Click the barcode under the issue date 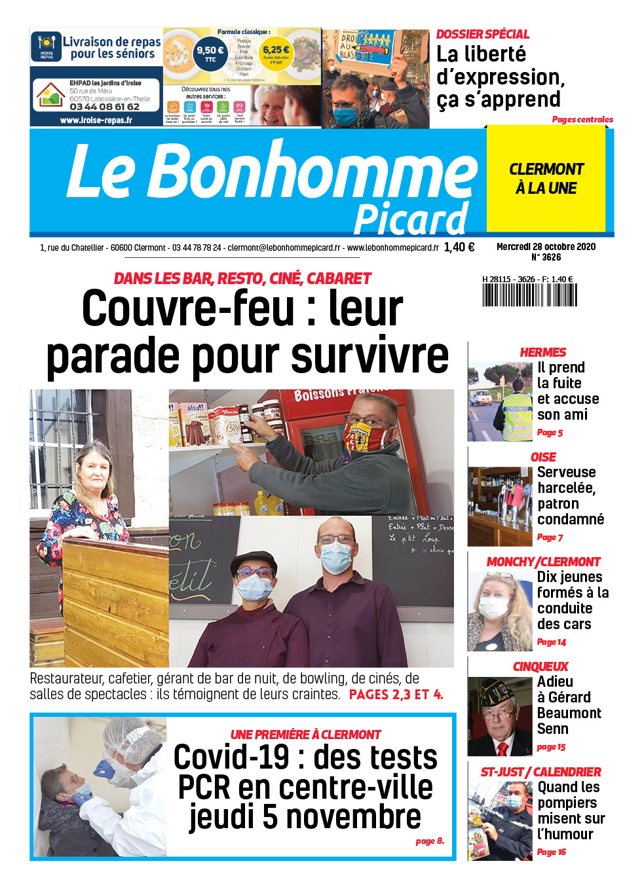(x=529, y=295)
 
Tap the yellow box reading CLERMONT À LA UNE (x=546, y=179)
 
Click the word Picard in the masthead (x=411, y=219)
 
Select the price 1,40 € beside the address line (x=459, y=247)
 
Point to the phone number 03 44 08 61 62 (x=104, y=107)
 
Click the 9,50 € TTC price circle (x=210, y=53)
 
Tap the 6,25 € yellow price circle (x=276, y=53)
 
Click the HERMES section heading (x=542, y=352)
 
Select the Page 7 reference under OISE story (x=550, y=537)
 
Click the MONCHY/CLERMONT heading (x=543, y=562)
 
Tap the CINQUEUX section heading (x=540, y=666)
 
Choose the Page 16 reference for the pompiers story (x=551, y=852)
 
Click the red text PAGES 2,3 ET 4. (x=396, y=695)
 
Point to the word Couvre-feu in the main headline (x=188, y=309)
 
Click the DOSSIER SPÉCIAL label (x=482, y=34)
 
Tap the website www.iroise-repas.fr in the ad (x=96, y=120)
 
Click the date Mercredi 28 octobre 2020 (x=546, y=247)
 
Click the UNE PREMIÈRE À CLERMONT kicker (x=305, y=735)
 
